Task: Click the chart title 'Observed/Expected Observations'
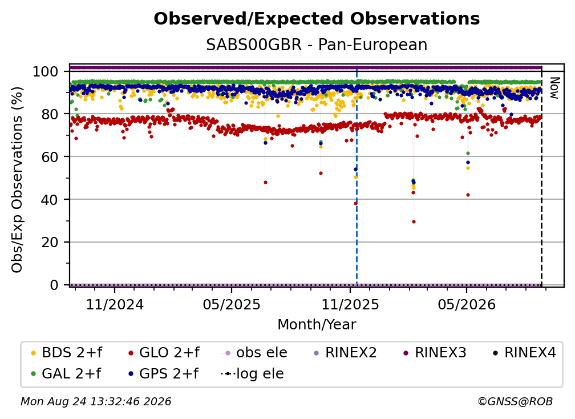point(317,19)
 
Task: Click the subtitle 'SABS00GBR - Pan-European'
point(317,45)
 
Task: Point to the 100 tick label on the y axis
point(45,71)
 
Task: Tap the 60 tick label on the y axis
point(50,156)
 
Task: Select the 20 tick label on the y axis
point(50,242)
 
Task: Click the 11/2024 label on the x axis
point(115,304)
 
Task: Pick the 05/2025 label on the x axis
point(232,304)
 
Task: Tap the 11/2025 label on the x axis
point(350,304)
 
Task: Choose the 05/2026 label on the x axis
point(467,304)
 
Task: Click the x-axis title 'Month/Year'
point(317,324)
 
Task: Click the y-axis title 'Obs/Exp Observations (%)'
point(17,179)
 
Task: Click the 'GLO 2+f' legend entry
point(164,353)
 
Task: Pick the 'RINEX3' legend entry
point(435,353)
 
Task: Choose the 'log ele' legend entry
point(252,373)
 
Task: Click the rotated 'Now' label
point(554,88)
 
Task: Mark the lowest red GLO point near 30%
point(414,221)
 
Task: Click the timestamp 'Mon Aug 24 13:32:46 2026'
point(96,401)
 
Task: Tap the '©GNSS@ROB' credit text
point(515,401)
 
